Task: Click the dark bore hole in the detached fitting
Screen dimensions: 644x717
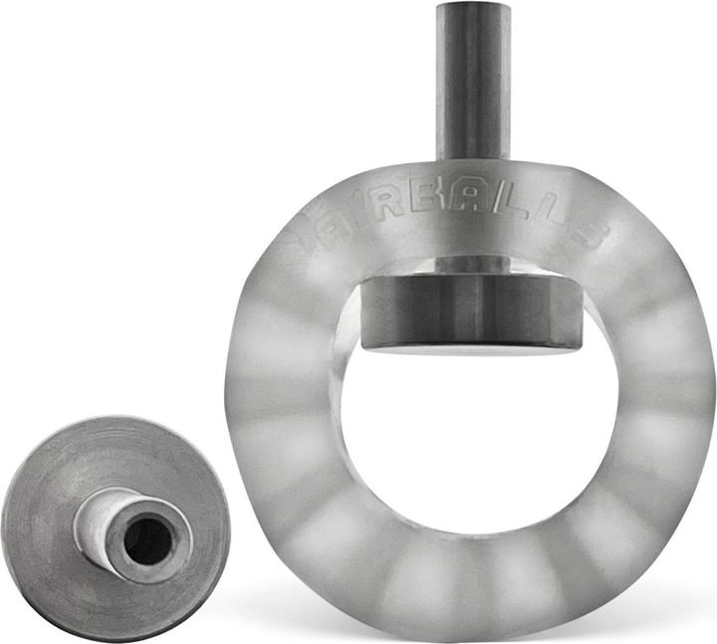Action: (x=147, y=540)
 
